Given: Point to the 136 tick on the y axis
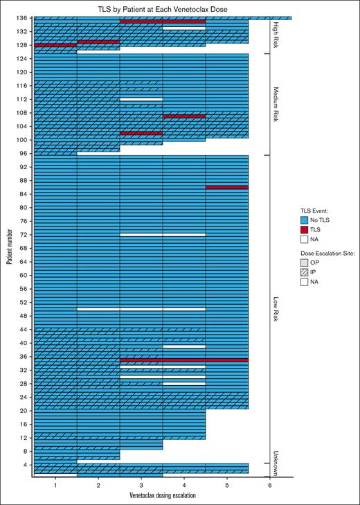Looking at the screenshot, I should pyautogui.click(x=23, y=18).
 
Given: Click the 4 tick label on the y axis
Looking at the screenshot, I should pyautogui.click(x=26, y=465).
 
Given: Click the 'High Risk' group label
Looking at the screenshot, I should pyautogui.click(x=276, y=35).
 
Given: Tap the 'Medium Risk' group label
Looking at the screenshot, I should pyautogui.click(x=276, y=104).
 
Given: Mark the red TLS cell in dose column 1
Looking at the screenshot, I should pyautogui.click(x=55, y=45).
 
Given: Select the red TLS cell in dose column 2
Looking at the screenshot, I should pyautogui.click(x=98, y=42).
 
